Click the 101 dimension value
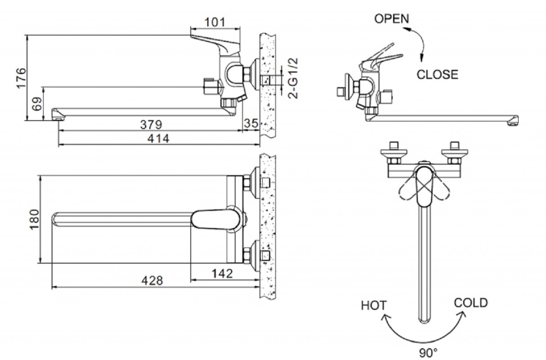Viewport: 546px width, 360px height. (215, 22)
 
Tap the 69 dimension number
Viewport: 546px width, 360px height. (38, 104)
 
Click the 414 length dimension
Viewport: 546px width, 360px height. (159, 139)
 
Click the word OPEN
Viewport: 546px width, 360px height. (392, 19)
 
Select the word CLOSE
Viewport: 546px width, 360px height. (437, 75)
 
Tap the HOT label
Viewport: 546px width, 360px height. (374, 306)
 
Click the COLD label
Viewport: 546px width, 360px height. (470, 302)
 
